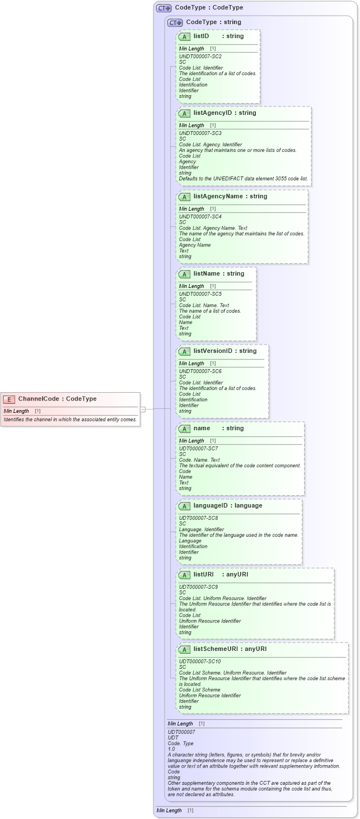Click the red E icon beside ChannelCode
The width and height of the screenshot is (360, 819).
click(x=9, y=399)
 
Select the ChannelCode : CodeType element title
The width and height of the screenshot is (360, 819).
click(x=57, y=399)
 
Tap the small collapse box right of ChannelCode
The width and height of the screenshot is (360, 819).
click(x=143, y=410)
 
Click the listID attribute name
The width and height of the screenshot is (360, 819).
click(x=201, y=36)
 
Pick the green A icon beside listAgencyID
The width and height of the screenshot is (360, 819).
click(x=185, y=113)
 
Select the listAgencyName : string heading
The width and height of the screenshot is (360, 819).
click(x=230, y=197)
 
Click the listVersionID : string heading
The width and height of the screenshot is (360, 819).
click(x=225, y=351)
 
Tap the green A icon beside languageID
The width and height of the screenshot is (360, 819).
click(x=185, y=506)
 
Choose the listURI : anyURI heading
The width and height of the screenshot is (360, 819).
click(x=221, y=575)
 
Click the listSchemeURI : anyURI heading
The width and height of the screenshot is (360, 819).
click(x=230, y=649)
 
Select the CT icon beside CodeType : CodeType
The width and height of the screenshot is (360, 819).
click(x=163, y=8)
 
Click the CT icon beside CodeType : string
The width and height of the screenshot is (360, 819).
click(x=175, y=22)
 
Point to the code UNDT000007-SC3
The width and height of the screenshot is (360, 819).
click(x=200, y=133)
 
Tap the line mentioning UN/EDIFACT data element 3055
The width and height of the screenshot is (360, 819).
click(x=243, y=179)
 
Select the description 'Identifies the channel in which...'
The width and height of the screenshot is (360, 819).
click(x=70, y=420)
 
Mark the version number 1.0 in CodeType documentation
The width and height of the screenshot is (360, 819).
click(x=171, y=749)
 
